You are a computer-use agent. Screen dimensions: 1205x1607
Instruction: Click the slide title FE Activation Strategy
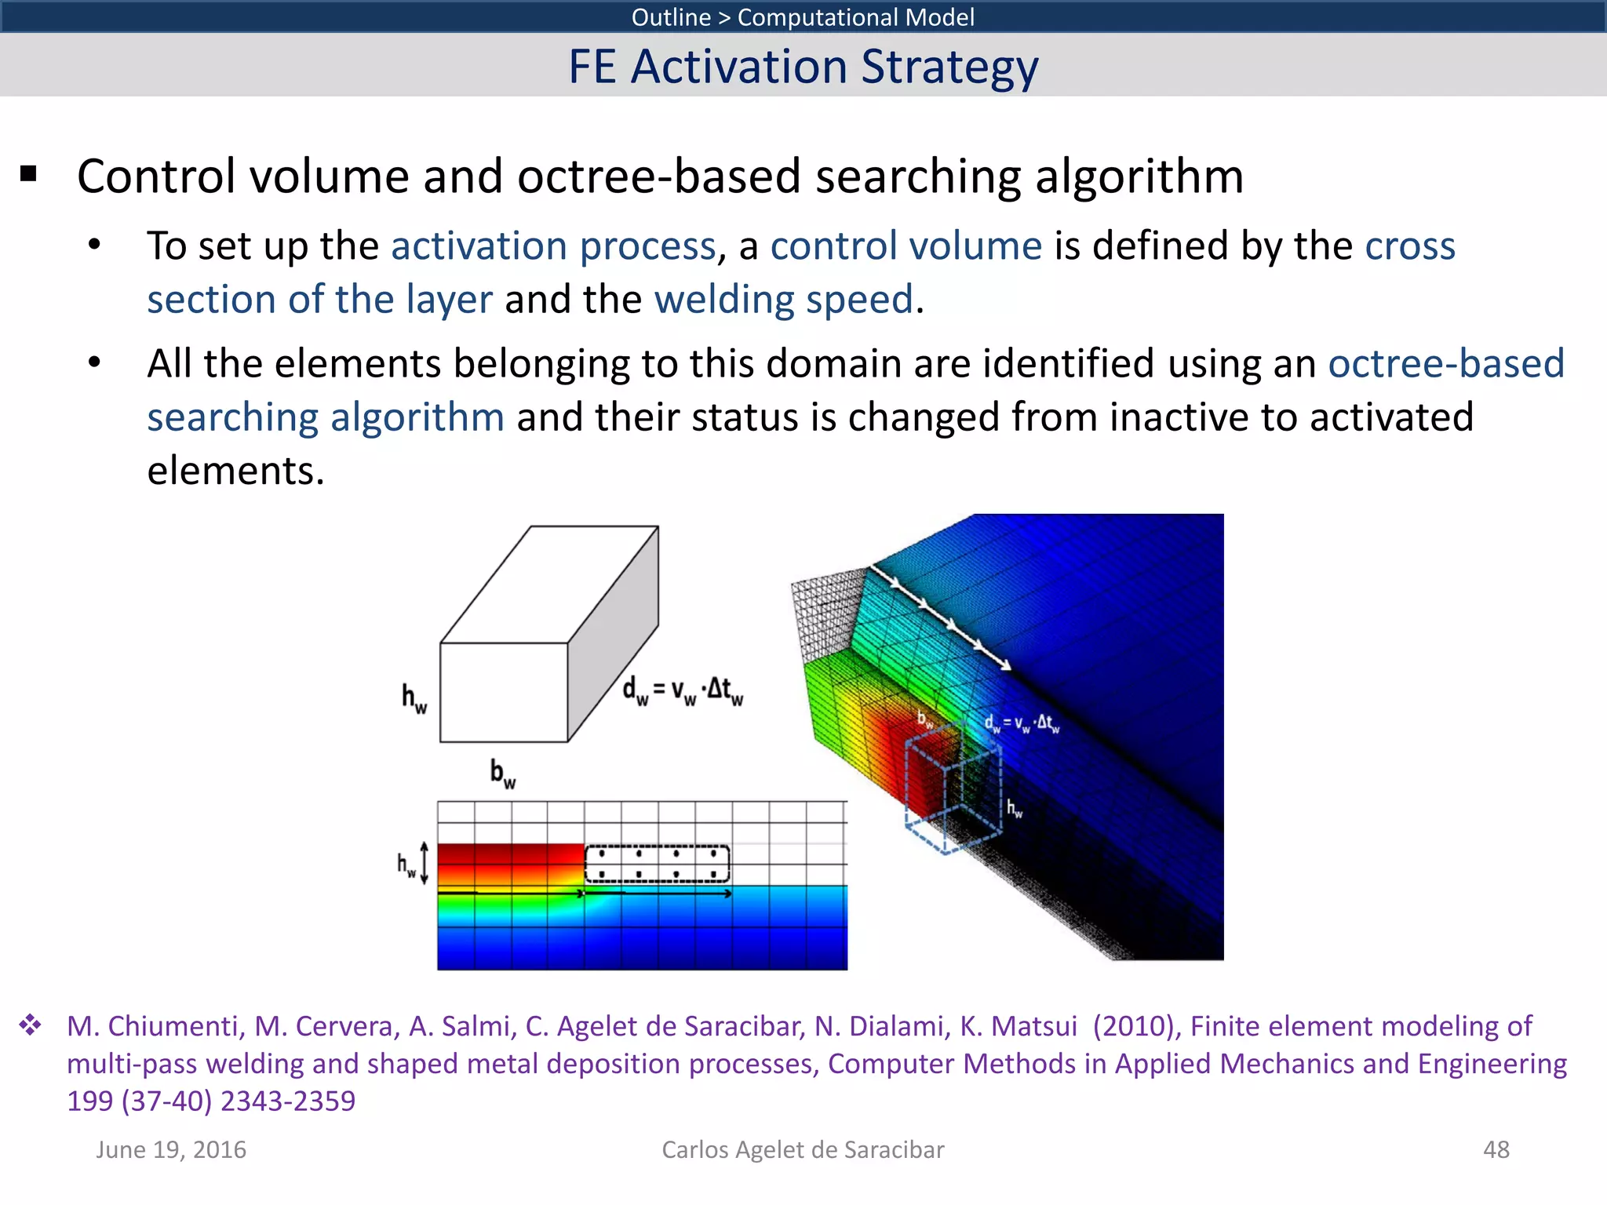(x=803, y=67)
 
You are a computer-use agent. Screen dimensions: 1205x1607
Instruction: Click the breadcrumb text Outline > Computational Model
(x=803, y=16)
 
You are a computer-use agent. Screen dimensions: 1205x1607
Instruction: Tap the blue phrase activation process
(x=553, y=246)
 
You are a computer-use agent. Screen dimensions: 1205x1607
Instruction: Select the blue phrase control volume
(x=906, y=246)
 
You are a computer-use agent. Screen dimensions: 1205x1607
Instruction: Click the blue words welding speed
(x=784, y=300)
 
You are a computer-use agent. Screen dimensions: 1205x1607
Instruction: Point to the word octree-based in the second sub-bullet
(x=1445, y=364)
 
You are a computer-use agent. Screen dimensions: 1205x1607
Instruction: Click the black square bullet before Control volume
(x=29, y=174)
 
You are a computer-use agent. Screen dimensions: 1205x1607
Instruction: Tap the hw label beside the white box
(x=414, y=697)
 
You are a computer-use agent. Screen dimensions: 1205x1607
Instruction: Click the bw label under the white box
(x=502, y=773)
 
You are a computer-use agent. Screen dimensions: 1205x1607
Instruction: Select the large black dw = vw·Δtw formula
(x=682, y=690)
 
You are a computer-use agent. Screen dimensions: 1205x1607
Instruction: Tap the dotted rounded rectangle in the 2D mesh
(x=657, y=864)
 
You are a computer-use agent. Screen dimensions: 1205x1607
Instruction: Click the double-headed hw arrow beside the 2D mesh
(x=425, y=863)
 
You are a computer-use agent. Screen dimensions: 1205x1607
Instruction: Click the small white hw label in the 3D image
(x=1015, y=808)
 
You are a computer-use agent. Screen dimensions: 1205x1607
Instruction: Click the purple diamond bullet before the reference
(x=31, y=1025)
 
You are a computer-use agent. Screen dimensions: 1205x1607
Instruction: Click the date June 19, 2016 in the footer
(x=171, y=1149)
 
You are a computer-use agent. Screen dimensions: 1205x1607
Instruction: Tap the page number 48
(x=1496, y=1149)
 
